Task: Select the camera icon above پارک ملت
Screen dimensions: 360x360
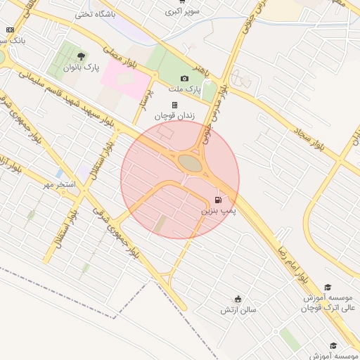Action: point(184,78)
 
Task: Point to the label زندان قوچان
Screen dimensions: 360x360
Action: point(174,115)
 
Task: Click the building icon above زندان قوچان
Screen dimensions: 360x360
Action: point(175,105)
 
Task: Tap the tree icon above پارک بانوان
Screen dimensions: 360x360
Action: point(82,56)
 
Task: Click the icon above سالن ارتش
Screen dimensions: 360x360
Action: point(238,299)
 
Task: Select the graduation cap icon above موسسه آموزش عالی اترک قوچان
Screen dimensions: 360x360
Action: point(327,287)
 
